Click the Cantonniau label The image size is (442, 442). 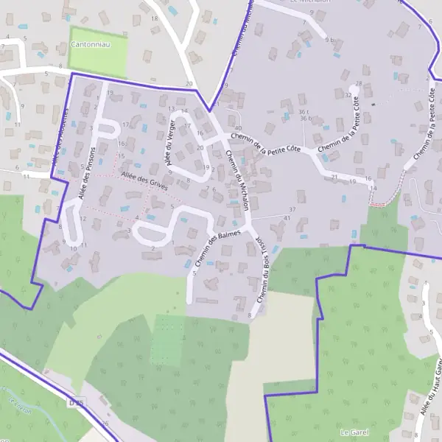pos(89,45)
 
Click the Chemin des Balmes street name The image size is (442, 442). pos(210,250)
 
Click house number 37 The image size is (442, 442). pos(292,210)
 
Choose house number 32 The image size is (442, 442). pos(348,95)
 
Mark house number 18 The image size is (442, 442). pos(154,18)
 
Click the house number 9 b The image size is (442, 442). pos(330,40)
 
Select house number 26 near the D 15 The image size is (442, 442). pos(105,424)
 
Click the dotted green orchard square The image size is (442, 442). pos(167,340)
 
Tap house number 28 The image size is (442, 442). pos(359,83)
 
